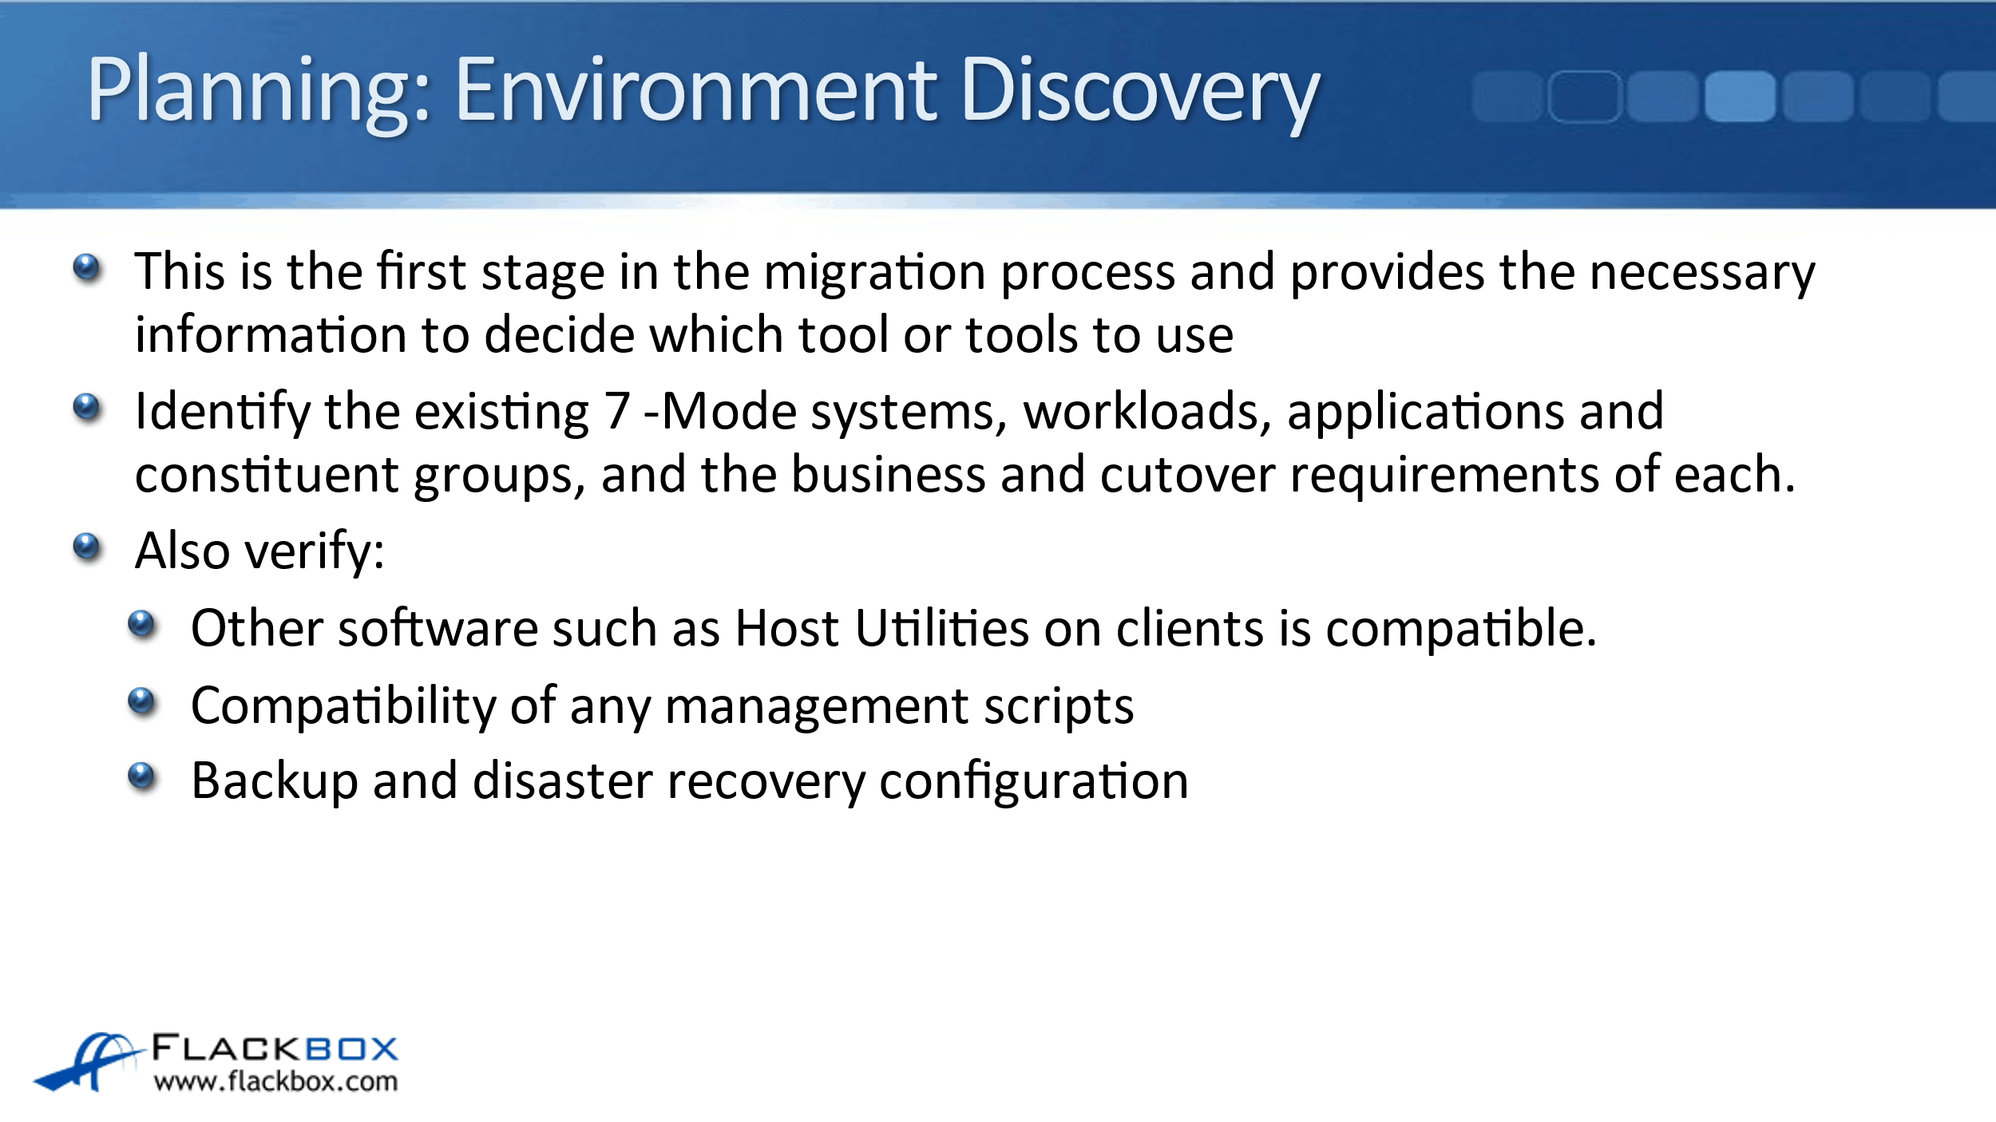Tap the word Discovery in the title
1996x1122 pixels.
point(1141,92)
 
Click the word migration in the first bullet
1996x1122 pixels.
point(875,272)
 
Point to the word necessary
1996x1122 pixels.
point(1702,274)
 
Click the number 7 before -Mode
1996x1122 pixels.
point(616,412)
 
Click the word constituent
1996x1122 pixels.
point(267,475)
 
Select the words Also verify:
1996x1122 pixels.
point(260,551)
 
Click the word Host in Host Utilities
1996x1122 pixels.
point(786,628)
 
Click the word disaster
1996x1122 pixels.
point(563,781)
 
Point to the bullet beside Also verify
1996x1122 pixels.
point(86,547)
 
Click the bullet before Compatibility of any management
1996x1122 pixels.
point(142,702)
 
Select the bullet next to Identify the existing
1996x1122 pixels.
point(86,409)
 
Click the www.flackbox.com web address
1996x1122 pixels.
point(275,1081)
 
